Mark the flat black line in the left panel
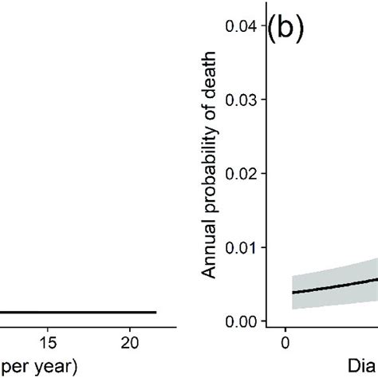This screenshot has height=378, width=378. pos(80,313)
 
